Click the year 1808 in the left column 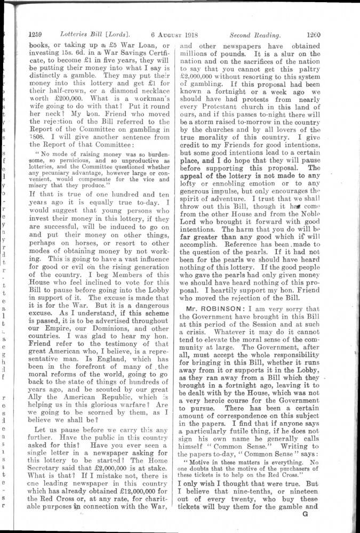[37, 135]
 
